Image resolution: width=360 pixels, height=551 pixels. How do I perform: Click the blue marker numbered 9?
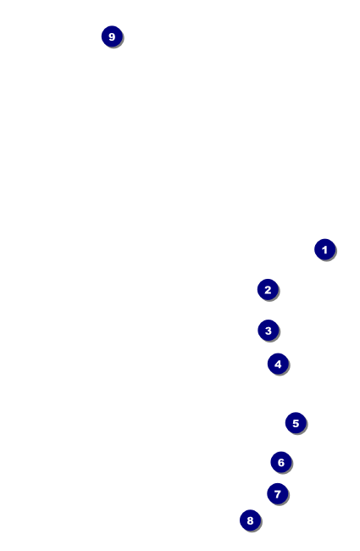pyautogui.click(x=112, y=36)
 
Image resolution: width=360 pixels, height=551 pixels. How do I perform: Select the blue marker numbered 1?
pyautogui.click(x=325, y=249)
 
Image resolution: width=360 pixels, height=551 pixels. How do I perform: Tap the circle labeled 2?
pyautogui.click(x=268, y=290)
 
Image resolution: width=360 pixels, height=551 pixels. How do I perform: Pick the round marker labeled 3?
pyautogui.click(x=269, y=331)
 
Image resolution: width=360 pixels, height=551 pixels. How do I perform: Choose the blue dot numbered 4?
pyautogui.click(x=278, y=364)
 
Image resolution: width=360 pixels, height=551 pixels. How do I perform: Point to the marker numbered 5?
pyautogui.click(x=296, y=423)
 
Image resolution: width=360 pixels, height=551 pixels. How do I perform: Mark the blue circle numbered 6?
pyautogui.click(x=281, y=462)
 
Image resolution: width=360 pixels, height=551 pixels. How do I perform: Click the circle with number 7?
pyautogui.click(x=278, y=493)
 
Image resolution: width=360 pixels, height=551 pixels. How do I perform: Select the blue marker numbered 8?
pyautogui.click(x=251, y=520)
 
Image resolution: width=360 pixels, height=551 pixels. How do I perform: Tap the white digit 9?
pyautogui.click(x=112, y=36)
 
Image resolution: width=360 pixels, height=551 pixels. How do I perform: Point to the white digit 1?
pyautogui.click(x=325, y=250)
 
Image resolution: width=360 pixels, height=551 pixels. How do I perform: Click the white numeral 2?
pyautogui.click(x=268, y=290)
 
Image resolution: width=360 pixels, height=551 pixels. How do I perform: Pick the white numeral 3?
pyautogui.click(x=269, y=331)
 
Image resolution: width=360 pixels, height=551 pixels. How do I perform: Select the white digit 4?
pyautogui.click(x=278, y=364)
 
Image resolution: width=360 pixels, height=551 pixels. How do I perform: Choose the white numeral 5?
pyautogui.click(x=296, y=423)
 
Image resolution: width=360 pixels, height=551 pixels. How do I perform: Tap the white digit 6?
pyautogui.click(x=281, y=463)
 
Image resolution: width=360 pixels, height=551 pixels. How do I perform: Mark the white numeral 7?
pyautogui.click(x=278, y=494)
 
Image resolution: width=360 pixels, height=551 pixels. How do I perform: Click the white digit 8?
pyautogui.click(x=251, y=520)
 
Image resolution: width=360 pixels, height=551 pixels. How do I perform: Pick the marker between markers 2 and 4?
pyautogui.click(x=269, y=331)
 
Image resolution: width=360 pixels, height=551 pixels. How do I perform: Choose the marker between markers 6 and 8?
pyautogui.click(x=278, y=493)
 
